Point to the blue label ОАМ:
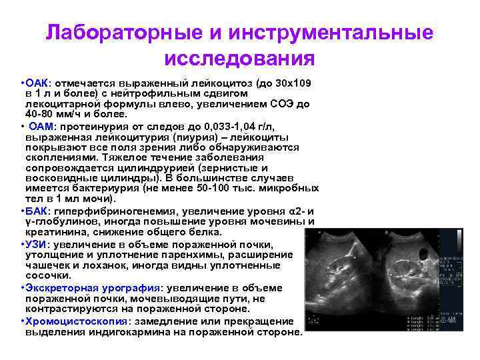point(45,126)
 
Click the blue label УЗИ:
point(37,243)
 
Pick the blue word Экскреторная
point(59,288)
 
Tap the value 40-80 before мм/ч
point(41,115)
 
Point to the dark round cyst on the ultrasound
point(424,255)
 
